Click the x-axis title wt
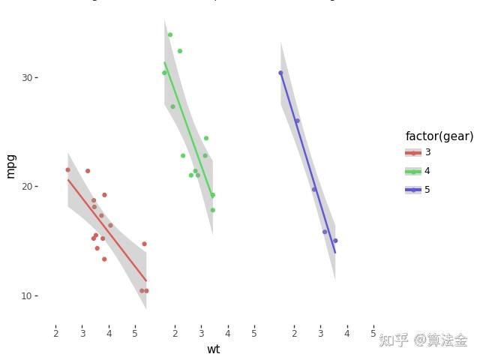click(214, 349)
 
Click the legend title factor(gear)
click(439, 136)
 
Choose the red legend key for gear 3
click(413, 152)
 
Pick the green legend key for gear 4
click(413, 171)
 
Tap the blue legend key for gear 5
click(413, 190)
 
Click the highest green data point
click(170, 34)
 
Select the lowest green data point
click(213, 210)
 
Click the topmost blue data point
click(281, 73)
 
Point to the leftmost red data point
click(67, 169)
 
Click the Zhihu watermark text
click(423, 340)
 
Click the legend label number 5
click(427, 190)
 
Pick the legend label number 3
click(427, 152)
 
